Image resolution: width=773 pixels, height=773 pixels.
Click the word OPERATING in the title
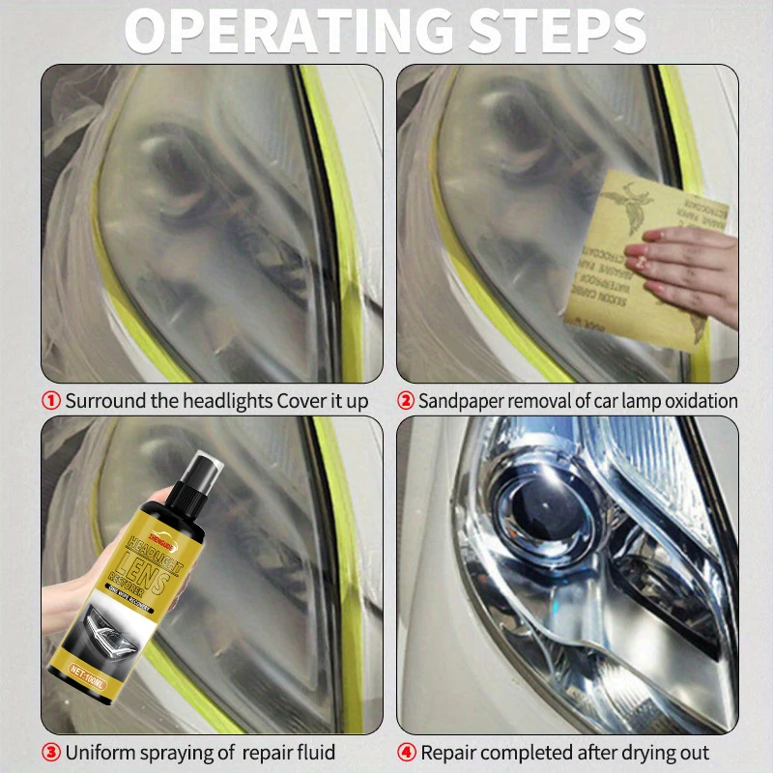274,31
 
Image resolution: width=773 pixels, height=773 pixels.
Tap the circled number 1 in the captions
51,400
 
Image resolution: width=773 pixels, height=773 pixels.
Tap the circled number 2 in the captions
408,400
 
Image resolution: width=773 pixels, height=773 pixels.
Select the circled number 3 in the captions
51,752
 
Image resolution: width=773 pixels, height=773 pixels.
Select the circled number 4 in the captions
408,752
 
